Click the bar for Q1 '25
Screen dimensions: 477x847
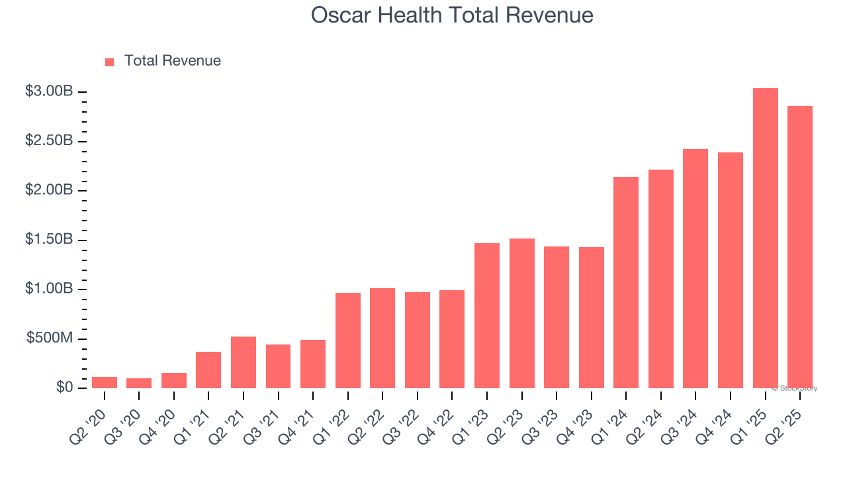tap(765, 238)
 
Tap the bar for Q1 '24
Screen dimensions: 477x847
tap(626, 283)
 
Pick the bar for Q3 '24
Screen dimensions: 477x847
tap(695, 269)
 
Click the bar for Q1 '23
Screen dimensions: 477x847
tap(487, 316)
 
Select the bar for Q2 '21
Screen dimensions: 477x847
tap(244, 362)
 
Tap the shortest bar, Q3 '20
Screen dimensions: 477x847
tap(139, 383)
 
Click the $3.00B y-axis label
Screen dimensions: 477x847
tap(49, 91)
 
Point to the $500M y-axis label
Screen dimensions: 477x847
tap(50, 339)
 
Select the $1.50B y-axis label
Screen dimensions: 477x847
tap(49, 239)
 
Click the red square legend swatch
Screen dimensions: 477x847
tap(110, 62)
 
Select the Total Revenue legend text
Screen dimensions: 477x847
tap(172, 61)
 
